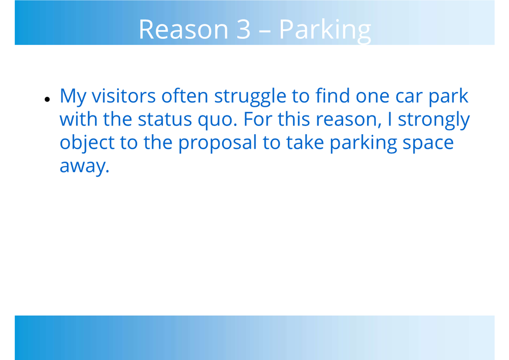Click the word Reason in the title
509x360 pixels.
coord(183,29)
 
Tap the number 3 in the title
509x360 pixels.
coord(243,29)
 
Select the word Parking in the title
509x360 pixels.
coord(325,31)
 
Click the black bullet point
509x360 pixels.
coord(47,99)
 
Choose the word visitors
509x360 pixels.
coord(124,96)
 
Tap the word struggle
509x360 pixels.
coord(250,97)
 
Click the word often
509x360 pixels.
coord(185,95)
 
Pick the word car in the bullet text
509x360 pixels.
coord(409,97)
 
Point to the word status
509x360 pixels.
coord(165,120)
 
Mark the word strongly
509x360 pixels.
coord(433,121)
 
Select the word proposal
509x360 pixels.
coord(217,143)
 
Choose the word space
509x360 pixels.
coord(428,145)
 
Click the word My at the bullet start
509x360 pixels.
coord(73,98)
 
